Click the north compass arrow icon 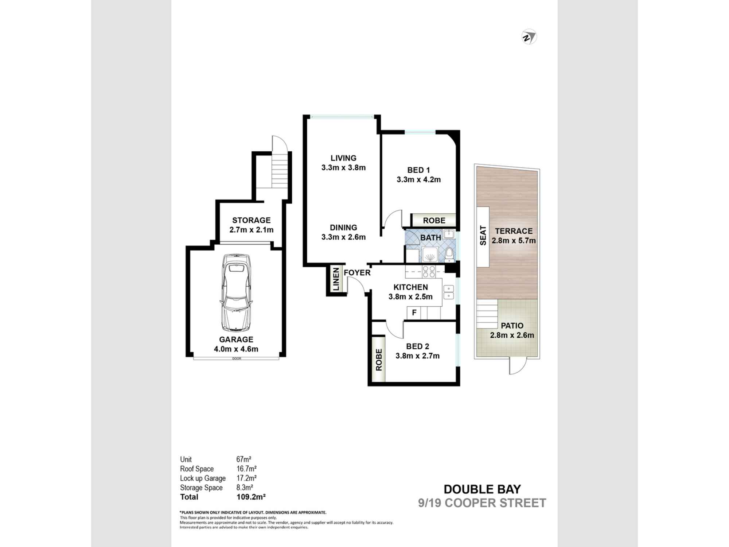[529, 37]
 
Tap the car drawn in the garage [236, 293]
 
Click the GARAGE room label [236, 340]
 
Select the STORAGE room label [252, 220]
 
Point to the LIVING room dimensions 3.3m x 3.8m [343, 168]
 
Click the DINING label [343, 228]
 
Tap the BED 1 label [418, 170]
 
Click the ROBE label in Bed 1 [434, 221]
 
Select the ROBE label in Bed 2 [379, 360]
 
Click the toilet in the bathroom [450, 255]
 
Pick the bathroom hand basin [449, 234]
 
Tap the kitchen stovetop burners [429, 271]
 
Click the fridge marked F [414, 313]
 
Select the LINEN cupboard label [336, 279]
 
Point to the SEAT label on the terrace [483, 236]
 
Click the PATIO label [512, 326]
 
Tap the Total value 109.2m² [251, 497]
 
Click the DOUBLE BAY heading [482, 489]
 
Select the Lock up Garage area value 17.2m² [246, 478]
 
